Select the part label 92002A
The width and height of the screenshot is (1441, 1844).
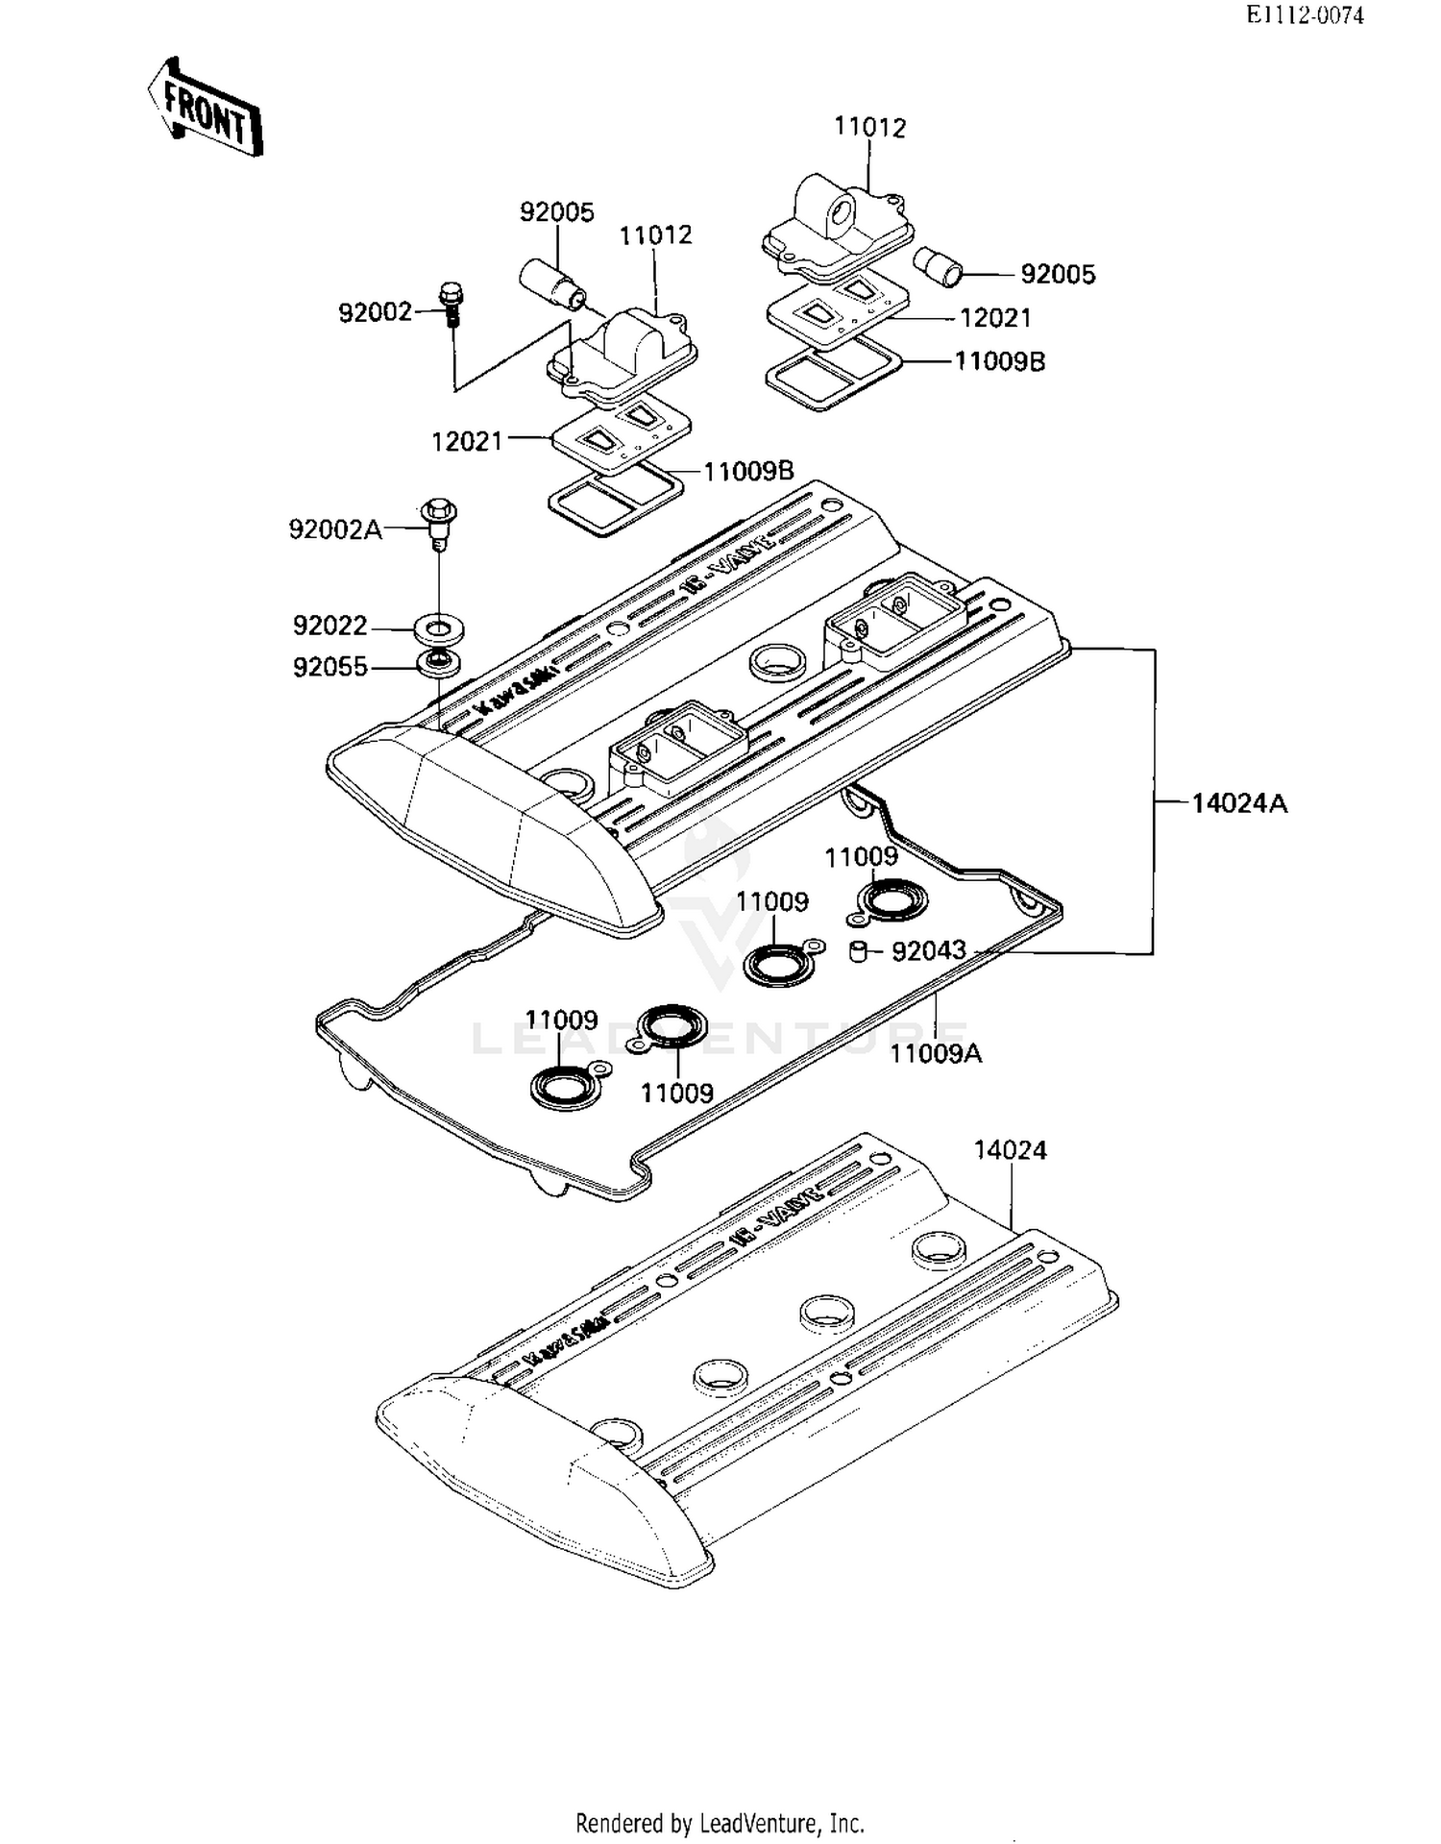pyautogui.click(x=335, y=529)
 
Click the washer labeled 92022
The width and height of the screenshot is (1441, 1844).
pyautogui.click(x=440, y=631)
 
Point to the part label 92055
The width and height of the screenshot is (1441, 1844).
pyautogui.click(x=330, y=667)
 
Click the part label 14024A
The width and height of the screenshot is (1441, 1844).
pyautogui.click(x=1239, y=803)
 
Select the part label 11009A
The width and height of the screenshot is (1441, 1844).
pyautogui.click(x=936, y=1054)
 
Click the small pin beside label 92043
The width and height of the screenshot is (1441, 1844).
pyautogui.click(x=858, y=951)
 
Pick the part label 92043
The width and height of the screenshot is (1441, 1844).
pyautogui.click(x=928, y=951)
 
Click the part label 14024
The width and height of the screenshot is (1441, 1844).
pyautogui.click(x=1010, y=1150)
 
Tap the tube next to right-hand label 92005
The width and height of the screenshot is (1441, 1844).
pyautogui.click(x=938, y=265)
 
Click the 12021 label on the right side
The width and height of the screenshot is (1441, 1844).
pyautogui.click(x=995, y=318)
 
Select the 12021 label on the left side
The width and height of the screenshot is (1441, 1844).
pyautogui.click(x=467, y=442)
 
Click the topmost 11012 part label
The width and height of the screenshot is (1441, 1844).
pyautogui.click(x=869, y=128)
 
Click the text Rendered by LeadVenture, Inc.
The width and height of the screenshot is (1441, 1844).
pyautogui.click(x=720, y=1823)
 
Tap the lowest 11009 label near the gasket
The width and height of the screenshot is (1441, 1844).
pyautogui.click(x=677, y=1094)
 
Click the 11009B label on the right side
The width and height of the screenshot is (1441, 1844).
pyautogui.click(x=999, y=362)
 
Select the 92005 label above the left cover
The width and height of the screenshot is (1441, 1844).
pyautogui.click(x=557, y=212)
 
